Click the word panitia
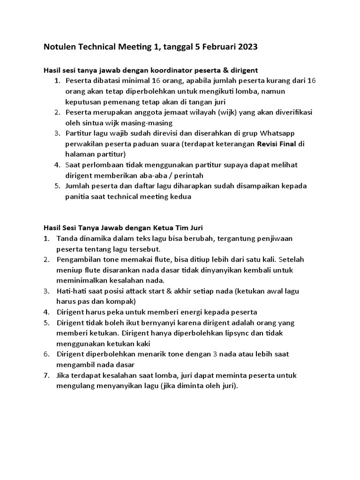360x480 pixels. [x=78, y=196]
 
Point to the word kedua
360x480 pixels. [x=182, y=196]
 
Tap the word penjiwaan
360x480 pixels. [x=275, y=238]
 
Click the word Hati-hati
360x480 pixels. [x=72, y=291]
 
